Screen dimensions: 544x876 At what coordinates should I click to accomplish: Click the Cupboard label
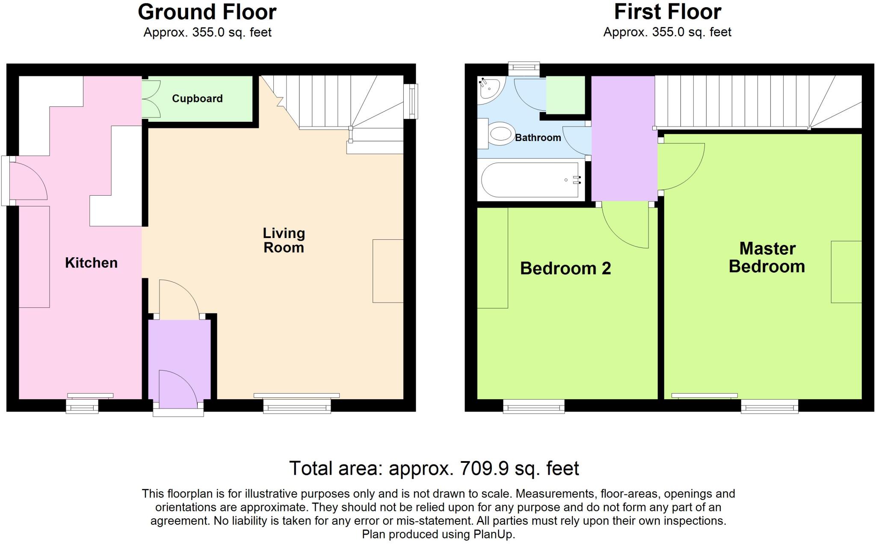[197, 99]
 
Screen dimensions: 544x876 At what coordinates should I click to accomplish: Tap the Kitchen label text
[91, 263]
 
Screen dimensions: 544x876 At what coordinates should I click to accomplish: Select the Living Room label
[284, 240]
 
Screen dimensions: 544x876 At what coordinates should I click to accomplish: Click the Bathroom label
[538, 138]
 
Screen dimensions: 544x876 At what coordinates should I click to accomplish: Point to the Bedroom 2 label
[565, 268]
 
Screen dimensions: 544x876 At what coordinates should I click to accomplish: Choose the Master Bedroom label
[766, 257]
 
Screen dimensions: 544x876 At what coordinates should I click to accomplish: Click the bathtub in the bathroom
[530, 180]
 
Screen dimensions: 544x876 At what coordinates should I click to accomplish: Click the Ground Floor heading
[207, 12]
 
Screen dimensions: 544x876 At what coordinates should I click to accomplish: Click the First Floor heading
[667, 12]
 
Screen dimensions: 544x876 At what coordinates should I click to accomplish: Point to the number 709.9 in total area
[484, 468]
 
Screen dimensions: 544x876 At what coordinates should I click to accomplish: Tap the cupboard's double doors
[152, 99]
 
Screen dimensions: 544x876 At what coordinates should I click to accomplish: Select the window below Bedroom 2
[533, 406]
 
